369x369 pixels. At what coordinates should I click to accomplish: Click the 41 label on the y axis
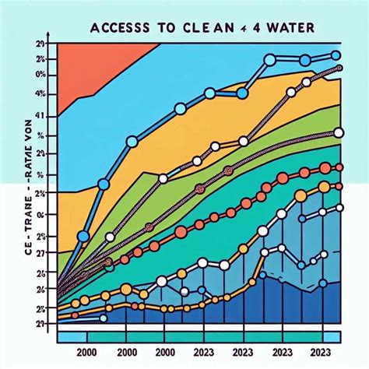tap(41, 117)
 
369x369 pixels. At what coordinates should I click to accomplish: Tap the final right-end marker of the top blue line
tap(336, 54)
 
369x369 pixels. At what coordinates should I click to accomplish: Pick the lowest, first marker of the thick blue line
tap(83, 236)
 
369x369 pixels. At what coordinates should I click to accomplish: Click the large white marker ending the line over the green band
tap(338, 133)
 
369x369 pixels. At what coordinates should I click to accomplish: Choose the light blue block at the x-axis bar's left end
tap(70, 337)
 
